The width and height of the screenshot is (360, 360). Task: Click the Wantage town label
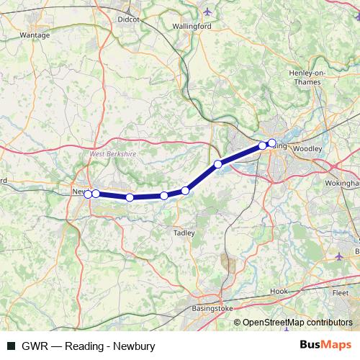[35, 34]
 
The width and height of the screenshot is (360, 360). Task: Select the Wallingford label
[191, 27]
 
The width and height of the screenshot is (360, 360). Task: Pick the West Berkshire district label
[112, 154]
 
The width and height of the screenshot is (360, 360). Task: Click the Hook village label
[279, 291]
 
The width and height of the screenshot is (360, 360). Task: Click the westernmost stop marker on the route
[88, 194]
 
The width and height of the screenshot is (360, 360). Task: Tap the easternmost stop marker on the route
[271, 143]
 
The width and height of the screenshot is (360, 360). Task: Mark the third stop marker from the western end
[130, 197]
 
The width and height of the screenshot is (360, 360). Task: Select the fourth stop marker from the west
[164, 196]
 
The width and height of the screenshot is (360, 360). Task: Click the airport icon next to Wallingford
[208, 12]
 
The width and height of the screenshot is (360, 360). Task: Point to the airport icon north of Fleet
[340, 256]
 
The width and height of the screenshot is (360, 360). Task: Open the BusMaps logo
[325, 345]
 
